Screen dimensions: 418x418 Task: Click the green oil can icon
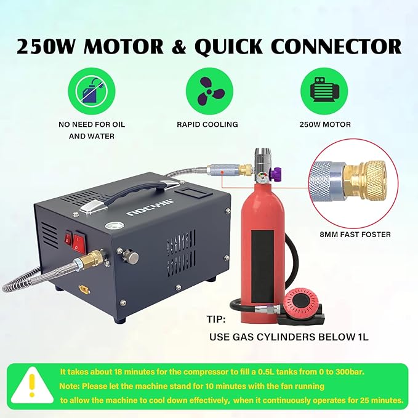coord(91,90)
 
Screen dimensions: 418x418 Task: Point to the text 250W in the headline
coord(49,47)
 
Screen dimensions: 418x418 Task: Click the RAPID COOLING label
coord(209,124)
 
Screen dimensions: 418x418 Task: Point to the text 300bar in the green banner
coord(336,372)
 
